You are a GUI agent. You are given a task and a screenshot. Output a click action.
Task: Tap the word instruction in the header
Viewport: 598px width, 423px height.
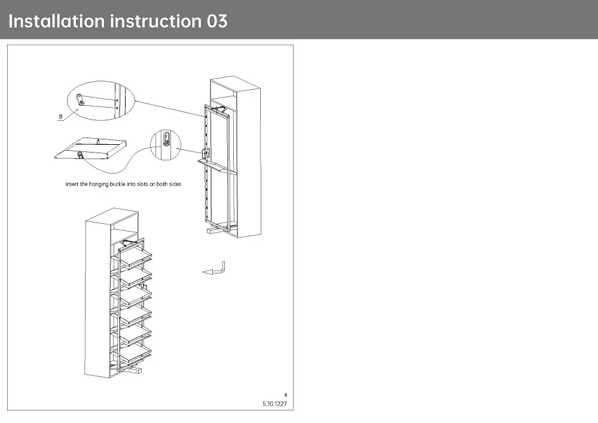point(155,22)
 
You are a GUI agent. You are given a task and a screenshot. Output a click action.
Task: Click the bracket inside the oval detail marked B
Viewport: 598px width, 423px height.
point(84,100)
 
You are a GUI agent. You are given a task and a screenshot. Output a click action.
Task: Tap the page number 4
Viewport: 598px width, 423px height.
point(285,395)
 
